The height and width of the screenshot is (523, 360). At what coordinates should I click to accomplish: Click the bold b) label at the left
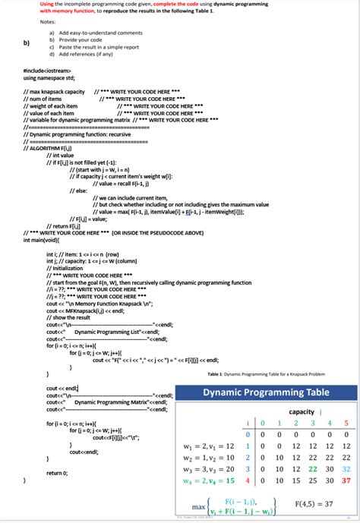(27, 43)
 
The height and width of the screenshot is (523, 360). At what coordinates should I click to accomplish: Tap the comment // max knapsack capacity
(54, 91)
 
